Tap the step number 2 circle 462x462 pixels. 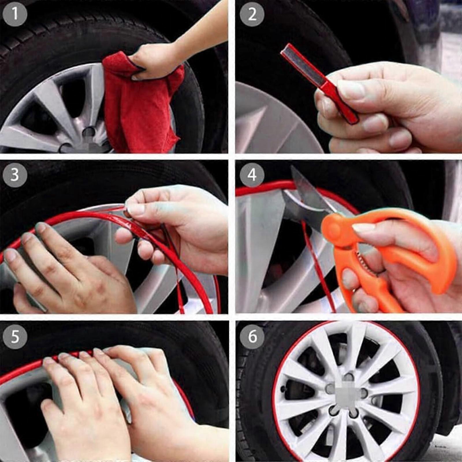coord(252,14)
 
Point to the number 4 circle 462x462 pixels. coord(252,175)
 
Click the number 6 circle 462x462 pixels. coord(252,337)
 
